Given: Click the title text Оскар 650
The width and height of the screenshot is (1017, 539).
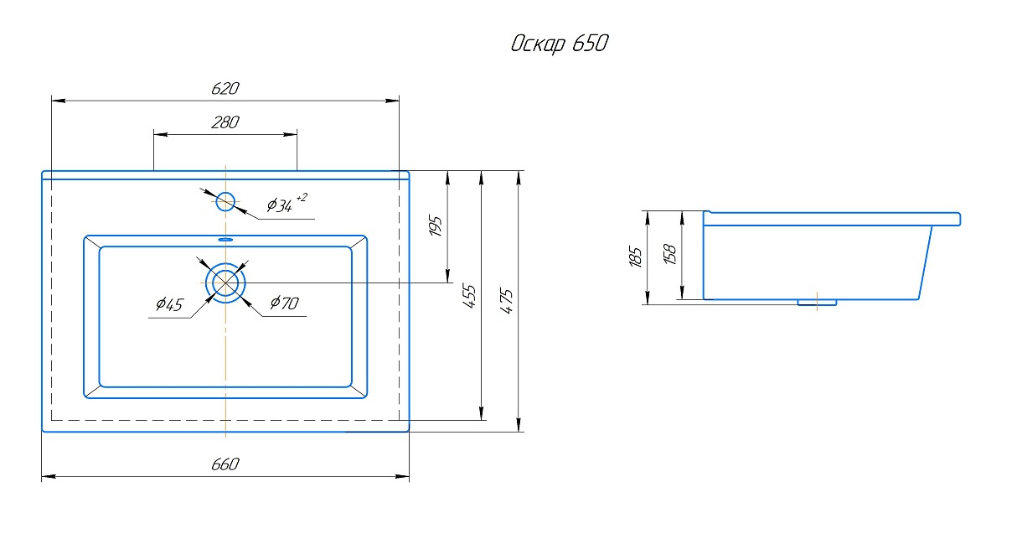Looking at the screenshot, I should (559, 44).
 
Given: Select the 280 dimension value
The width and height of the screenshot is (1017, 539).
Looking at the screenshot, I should (225, 122).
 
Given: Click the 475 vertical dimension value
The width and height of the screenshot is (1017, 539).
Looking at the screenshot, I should (507, 300).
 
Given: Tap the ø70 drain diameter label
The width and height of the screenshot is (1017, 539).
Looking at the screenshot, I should (284, 303).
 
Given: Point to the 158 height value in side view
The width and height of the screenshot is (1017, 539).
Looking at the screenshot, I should (669, 255).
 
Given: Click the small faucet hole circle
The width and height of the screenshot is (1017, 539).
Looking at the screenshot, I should (225, 201).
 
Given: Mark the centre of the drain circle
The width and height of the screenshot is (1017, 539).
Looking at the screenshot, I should (225, 282).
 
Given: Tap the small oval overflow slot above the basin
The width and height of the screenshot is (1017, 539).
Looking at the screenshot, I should (225, 240).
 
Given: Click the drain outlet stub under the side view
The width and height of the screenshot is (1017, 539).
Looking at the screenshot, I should (817, 302).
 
